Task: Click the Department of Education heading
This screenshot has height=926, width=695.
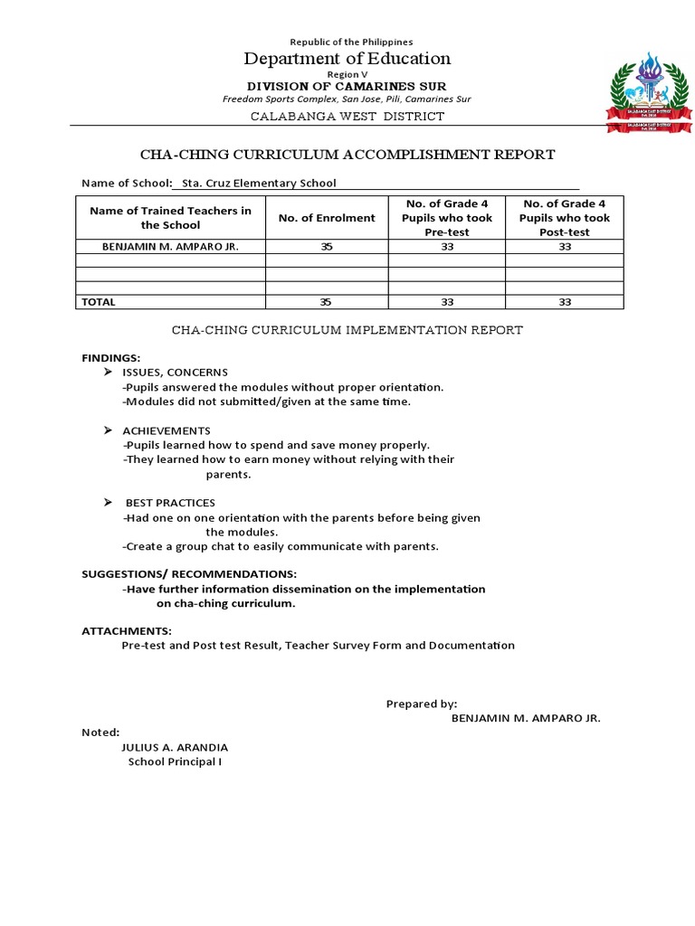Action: (x=347, y=59)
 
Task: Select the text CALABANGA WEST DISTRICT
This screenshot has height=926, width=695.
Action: (x=347, y=116)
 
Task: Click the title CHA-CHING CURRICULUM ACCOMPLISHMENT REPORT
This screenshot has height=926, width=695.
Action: (x=347, y=155)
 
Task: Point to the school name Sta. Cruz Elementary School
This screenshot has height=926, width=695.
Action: (x=259, y=183)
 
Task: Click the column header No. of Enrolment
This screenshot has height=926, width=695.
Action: (x=327, y=218)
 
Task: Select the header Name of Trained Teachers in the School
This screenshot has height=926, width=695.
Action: (x=170, y=218)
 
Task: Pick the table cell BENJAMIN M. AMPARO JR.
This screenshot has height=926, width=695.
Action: (x=159, y=247)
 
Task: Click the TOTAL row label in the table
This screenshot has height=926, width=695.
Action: (x=99, y=302)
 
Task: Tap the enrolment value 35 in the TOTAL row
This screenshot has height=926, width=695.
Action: (x=327, y=302)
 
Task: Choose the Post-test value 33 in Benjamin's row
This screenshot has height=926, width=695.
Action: (x=565, y=247)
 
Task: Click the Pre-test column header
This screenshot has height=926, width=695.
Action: (x=447, y=218)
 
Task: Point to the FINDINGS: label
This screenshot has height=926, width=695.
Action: (x=111, y=358)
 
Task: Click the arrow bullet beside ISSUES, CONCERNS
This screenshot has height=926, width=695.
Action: (x=108, y=373)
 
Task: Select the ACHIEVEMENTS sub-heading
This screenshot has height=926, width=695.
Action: (x=167, y=430)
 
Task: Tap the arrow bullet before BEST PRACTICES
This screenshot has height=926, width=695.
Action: (x=108, y=502)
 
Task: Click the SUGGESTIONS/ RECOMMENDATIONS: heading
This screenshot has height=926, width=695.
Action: (x=189, y=574)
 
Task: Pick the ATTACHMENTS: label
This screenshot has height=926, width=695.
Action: (x=127, y=631)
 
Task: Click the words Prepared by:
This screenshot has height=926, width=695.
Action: (x=422, y=704)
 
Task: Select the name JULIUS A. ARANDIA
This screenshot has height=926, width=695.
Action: (x=175, y=747)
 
